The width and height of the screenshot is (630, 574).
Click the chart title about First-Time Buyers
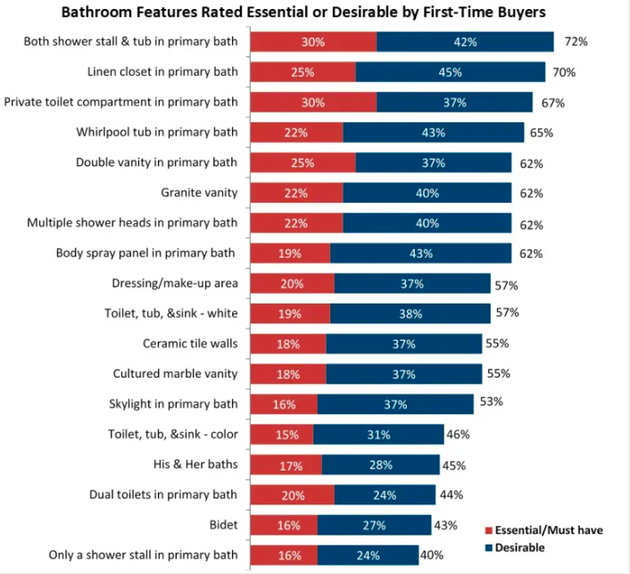point(316,12)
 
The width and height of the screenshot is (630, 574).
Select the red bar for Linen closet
point(302,72)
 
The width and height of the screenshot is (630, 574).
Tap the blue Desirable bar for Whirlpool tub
point(433,133)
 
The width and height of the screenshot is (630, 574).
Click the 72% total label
point(576,42)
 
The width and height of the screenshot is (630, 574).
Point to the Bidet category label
point(223,525)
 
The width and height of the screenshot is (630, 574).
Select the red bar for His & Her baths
point(286,464)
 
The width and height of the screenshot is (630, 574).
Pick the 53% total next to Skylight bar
point(491,402)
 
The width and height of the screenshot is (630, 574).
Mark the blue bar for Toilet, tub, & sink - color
point(378,435)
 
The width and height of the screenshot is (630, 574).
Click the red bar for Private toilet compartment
point(312,103)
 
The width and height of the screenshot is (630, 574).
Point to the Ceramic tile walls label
point(190,343)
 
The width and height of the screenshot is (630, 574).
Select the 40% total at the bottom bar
point(432,554)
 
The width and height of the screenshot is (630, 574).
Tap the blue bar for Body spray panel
point(420,254)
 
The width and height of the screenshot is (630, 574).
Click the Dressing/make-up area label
point(175,283)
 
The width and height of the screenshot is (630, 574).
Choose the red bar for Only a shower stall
point(283,555)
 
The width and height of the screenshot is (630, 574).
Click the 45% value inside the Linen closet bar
point(451,72)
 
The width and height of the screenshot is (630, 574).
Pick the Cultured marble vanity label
point(175,373)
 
